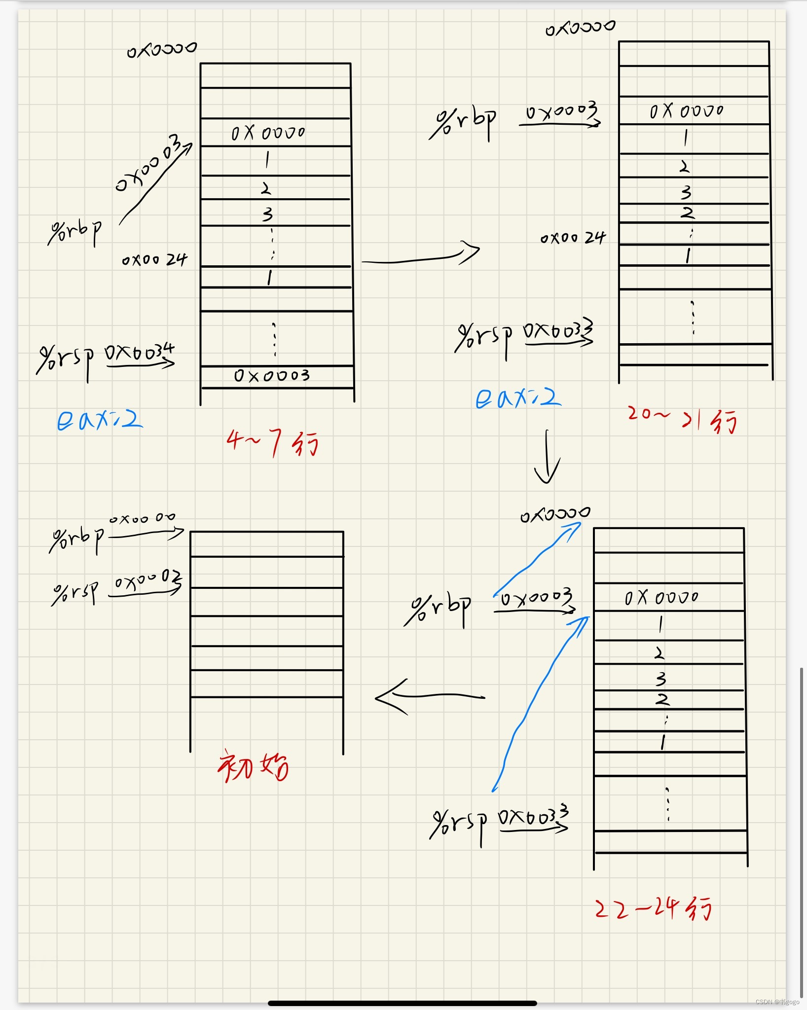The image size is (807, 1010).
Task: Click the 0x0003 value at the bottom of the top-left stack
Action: [x=272, y=376]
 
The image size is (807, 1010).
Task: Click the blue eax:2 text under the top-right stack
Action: [x=518, y=397]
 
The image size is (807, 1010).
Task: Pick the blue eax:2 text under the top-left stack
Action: [x=99, y=420]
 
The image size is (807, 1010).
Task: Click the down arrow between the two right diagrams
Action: [x=547, y=457]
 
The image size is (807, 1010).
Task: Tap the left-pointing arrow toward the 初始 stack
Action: [x=429, y=696]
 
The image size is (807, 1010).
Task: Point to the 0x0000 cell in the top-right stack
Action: [x=686, y=111]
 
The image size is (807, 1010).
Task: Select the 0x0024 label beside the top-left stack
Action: [x=154, y=259]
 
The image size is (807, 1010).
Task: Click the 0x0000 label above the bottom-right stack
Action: [x=555, y=514]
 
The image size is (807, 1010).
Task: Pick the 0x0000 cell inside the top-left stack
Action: [x=268, y=133]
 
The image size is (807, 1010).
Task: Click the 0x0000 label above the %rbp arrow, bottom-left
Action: [x=142, y=518]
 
